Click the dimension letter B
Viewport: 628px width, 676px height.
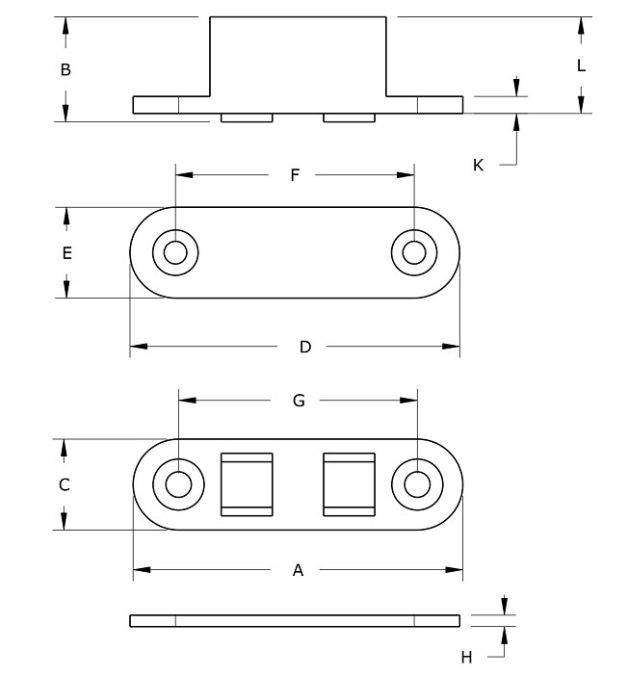pyautogui.click(x=65, y=69)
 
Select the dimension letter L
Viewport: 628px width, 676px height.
pyautogui.click(x=581, y=65)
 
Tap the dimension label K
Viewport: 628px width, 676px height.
pyautogui.click(x=478, y=165)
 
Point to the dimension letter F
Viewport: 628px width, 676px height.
pyautogui.click(x=295, y=174)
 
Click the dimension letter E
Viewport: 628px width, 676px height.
pyautogui.click(x=65, y=253)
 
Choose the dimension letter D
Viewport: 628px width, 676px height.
pyautogui.click(x=304, y=347)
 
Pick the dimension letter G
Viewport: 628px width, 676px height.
pyautogui.click(x=299, y=401)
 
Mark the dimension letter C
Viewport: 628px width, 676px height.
pyautogui.click(x=65, y=484)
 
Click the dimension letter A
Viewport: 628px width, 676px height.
pyautogui.click(x=298, y=570)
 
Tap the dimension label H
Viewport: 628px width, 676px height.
pyautogui.click(x=466, y=657)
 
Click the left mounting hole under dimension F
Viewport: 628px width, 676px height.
pyautogui.click(x=175, y=252)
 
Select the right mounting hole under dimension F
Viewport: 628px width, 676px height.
pyautogui.click(x=414, y=252)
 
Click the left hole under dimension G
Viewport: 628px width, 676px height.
pyautogui.click(x=178, y=483)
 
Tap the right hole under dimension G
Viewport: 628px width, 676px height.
pyautogui.click(x=417, y=483)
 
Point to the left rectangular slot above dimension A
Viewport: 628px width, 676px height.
pyautogui.click(x=248, y=483)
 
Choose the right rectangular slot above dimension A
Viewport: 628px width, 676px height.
pyautogui.click(x=348, y=483)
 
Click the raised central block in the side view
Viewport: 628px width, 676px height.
pyautogui.click(x=298, y=56)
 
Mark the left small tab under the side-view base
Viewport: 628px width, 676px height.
pyautogui.click(x=248, y=117)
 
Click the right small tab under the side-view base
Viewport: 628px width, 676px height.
pyautogui.click(x=348, y=117)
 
